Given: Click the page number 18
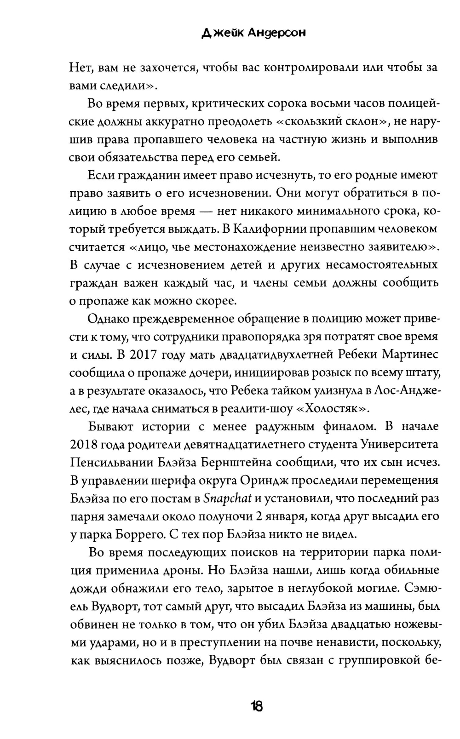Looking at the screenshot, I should pyautogui.click(x=256, y=706).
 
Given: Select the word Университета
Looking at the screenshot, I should pyautogui.click(x=399, y=445).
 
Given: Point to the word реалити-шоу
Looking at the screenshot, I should pyautogui.click(x=259, y=408).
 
